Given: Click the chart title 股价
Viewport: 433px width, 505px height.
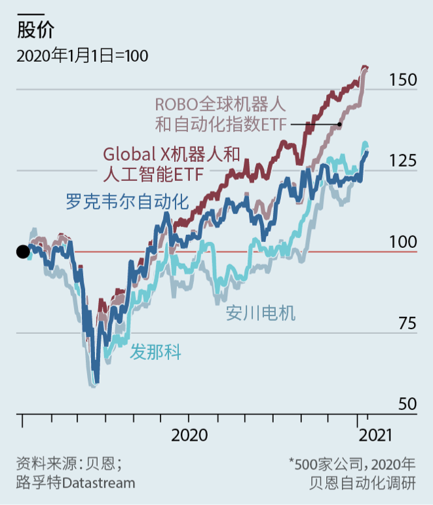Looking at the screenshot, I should pos(35,30).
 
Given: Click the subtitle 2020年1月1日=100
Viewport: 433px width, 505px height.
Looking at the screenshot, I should pos(82,55).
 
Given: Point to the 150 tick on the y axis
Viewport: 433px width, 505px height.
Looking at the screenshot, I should pos(403,80).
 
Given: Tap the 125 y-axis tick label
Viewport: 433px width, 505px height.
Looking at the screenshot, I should pos(403,161).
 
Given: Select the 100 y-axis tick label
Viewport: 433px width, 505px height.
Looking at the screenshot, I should pos(403,242).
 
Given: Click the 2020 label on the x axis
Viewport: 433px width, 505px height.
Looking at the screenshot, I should pos(189,435).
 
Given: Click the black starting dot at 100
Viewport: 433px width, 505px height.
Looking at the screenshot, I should pos(22,251).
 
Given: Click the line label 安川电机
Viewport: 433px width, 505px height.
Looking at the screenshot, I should pos(260,313).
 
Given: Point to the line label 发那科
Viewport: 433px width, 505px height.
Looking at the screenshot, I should pos(155,352).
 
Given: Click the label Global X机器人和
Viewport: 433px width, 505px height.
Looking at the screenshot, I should pos(172,154).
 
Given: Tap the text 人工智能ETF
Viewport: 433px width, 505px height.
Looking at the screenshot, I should pos(152,173).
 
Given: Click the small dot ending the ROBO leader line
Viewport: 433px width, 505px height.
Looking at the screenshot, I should pos(339,124).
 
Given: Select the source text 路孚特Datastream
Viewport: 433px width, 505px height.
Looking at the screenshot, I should pos(76,483).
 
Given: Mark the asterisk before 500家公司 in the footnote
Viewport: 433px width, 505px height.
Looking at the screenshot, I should pos(292,462).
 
